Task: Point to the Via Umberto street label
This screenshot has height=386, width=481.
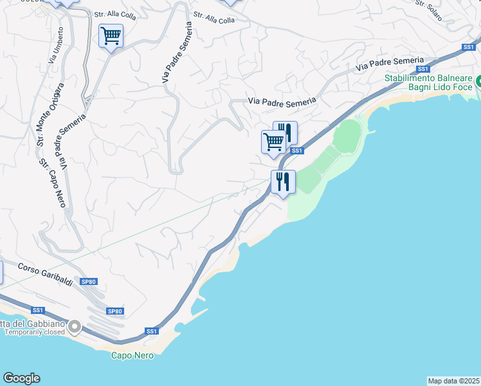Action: [x=56, y=44]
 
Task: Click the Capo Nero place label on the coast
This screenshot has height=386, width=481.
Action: [x=132, y=355]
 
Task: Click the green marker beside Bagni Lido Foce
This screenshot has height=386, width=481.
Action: [x=479, y=82]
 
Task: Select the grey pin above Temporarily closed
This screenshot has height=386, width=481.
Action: [x=75, y=327]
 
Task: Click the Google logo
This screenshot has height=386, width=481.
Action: [x=21, y=378]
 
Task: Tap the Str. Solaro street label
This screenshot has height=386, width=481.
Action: [x=429, y=10]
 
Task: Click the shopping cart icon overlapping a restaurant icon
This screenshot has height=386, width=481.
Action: [x=274, y=142]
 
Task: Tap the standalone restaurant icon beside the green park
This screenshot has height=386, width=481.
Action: [x=283, y=181]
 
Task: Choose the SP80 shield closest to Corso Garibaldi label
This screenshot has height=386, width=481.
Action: [x=89, y=281]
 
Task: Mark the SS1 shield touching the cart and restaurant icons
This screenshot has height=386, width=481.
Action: [x=296, y=151]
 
